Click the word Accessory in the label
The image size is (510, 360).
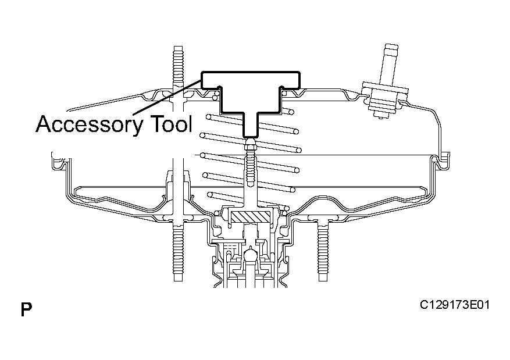point(90,124)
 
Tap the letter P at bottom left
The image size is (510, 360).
point(26,309)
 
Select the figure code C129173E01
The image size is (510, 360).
point(454,305)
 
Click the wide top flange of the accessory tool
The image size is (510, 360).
point(251,80)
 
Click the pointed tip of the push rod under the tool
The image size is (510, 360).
point(250,141)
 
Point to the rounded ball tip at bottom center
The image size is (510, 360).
point(250,254)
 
